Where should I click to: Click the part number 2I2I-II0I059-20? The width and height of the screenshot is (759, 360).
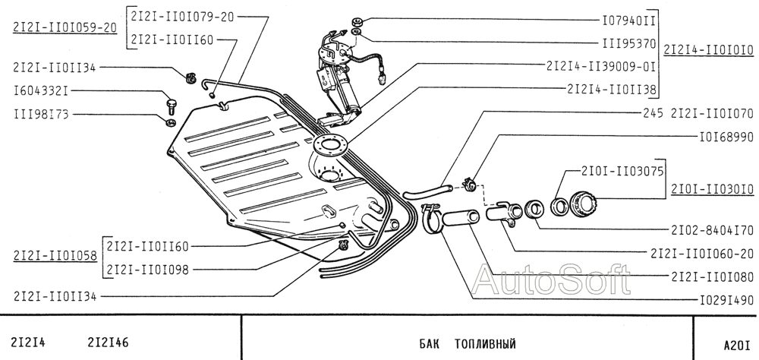coord(65,27)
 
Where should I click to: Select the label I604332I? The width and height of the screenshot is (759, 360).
coord(41,90)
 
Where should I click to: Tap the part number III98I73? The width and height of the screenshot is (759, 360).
coord(41,115)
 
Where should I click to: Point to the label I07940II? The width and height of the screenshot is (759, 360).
coord(628,21)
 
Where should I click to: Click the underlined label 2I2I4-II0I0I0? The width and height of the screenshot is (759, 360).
coord(709,50)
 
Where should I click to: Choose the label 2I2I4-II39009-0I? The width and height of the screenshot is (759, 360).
coord(601,66)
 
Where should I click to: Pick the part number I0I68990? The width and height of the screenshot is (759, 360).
coord(726,137)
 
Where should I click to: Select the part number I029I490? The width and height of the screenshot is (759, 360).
coord(726,301)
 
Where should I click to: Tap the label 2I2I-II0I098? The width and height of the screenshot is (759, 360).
coord(148,270)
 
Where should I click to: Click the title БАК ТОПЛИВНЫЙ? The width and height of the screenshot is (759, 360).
coord(467,344)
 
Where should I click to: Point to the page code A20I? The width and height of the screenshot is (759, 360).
coord(738,345)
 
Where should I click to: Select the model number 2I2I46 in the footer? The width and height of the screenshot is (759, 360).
coord(109,343)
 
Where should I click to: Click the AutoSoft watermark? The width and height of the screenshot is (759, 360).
coord(551,279)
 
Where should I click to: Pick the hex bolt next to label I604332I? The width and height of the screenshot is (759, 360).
coord(170,105)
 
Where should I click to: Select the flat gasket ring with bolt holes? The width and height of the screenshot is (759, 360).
coord(330,144)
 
